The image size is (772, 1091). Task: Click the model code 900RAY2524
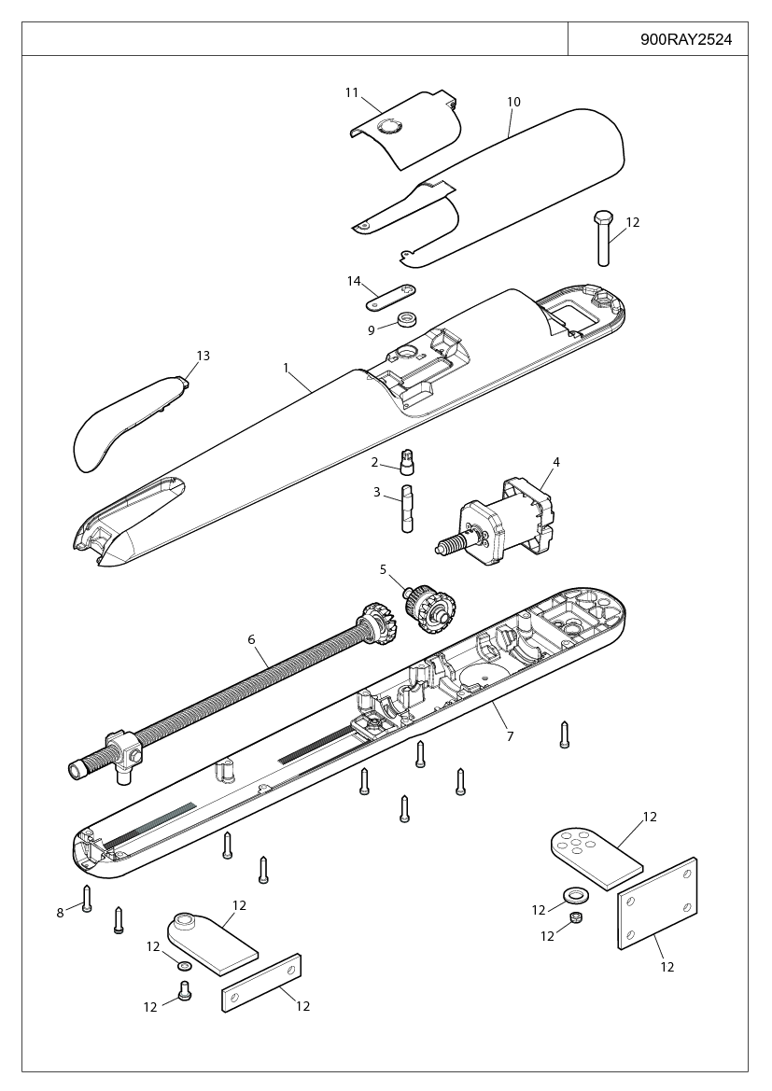tap(685, 40)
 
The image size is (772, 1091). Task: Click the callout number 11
tap(352, 92)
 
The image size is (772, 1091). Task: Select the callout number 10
tap(513, 102)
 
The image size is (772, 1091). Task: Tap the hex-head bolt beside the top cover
tap(603, 238)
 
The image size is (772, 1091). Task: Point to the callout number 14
tap(354, 281)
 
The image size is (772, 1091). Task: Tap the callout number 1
tap(287, 368)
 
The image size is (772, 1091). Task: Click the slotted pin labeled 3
tap(408, 509)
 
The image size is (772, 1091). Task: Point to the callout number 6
tap(251, 639)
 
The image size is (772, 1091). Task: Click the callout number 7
tap(510, 736)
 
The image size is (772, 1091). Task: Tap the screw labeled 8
tap(87, 898)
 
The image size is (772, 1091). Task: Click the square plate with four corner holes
tap(658, 903)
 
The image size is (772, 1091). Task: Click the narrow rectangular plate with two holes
tap(261, 983)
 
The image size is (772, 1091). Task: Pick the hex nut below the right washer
tap(576, 919)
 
